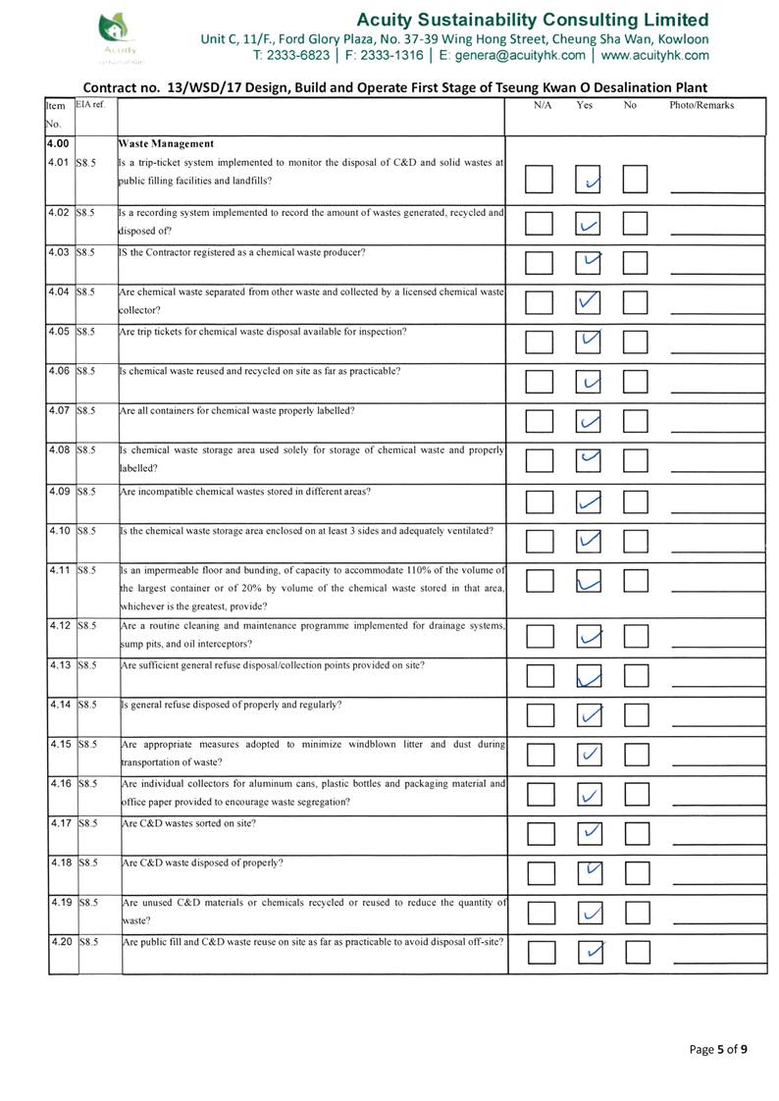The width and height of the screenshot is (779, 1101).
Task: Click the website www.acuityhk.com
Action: [654, 55]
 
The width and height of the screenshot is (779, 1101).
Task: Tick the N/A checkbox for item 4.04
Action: [539, 302]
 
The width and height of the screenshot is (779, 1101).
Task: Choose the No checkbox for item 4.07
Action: [636, 421]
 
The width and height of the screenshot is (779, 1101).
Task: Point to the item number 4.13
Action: [59, 665]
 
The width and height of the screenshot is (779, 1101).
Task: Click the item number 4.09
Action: [59, 491]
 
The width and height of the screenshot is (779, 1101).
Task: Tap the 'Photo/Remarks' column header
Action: [701, 105]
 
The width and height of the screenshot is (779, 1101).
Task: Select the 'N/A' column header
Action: [542, 105]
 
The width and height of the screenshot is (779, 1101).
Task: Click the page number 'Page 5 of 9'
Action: [718, 1049]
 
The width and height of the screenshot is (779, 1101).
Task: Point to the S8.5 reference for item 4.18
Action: [88, 863]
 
